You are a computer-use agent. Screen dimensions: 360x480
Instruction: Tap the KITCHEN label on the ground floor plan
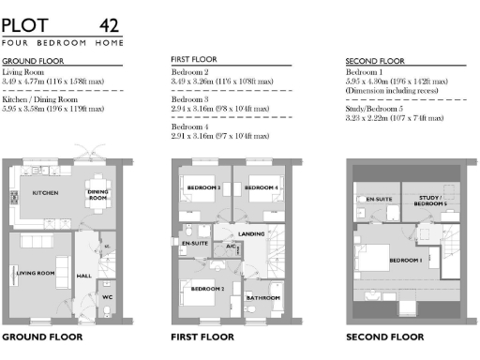point(46,192)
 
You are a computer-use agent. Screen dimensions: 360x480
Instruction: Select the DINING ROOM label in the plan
point(97,197)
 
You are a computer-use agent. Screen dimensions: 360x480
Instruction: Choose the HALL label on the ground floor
point(83,276)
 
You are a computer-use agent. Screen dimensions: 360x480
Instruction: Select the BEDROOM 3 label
point(204,188)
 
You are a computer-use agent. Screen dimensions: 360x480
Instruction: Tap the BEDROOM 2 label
point(206,289)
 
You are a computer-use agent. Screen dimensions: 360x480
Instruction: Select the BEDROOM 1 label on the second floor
point(405,260)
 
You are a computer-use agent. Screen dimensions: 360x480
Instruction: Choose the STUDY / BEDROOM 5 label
point(430,201)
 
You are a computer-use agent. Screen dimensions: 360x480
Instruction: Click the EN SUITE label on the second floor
point(379,200)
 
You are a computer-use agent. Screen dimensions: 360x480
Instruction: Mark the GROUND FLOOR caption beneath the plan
point(42,336)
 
